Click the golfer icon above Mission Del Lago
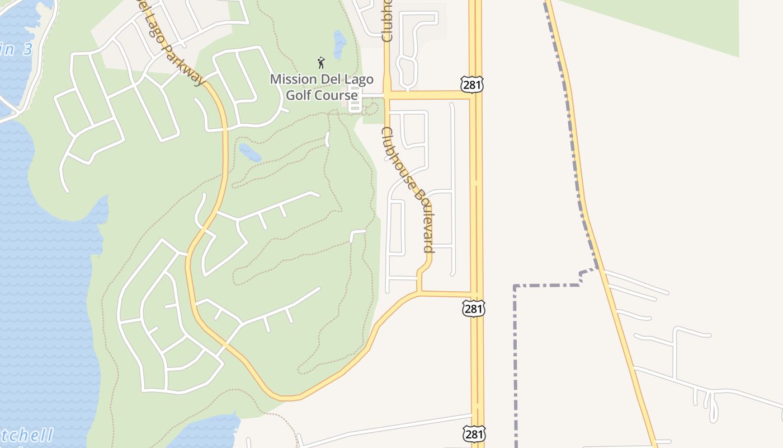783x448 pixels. tap(321, 62)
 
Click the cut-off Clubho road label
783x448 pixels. tap(387, 22)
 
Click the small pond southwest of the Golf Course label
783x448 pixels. tap(249, 152)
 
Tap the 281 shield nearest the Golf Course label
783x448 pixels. tap(472, 85)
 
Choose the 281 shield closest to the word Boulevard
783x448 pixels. tap(474, 308)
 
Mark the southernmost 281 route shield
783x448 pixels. tap(474, 433)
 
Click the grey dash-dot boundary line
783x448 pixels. tap(515, 364)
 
